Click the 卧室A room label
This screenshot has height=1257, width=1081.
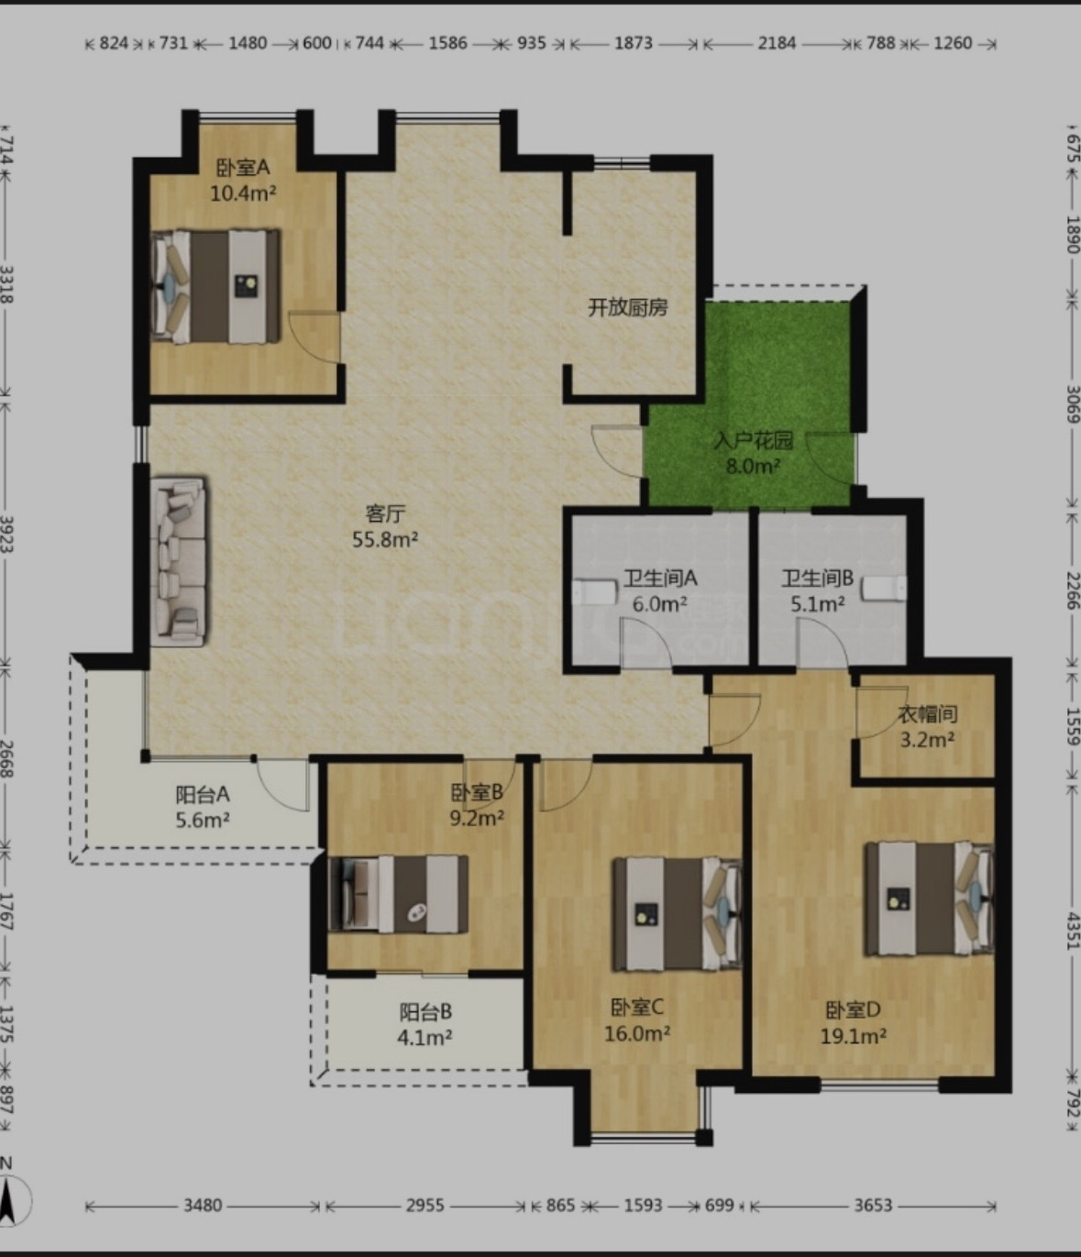point(243,167)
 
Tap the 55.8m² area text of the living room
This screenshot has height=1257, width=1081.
point(385,539)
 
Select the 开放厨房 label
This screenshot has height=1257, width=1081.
point(628,308)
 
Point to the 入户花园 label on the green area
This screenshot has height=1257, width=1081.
point(753,440)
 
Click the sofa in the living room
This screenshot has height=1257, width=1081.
point(178,561)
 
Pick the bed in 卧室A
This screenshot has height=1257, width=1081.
point(216,286)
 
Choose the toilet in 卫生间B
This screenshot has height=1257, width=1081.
point(886,589)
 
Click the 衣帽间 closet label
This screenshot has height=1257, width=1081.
point(928,714)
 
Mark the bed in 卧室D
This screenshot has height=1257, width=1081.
point(930,899)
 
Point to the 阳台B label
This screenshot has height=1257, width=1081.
point(425,1012)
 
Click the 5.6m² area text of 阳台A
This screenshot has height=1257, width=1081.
point(203,821)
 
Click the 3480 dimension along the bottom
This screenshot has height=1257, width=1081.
point(203,1205)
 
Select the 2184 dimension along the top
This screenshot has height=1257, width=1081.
point(777,43)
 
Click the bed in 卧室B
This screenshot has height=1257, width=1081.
point(399,894)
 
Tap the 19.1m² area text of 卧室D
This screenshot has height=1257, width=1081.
point(853,1035)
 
